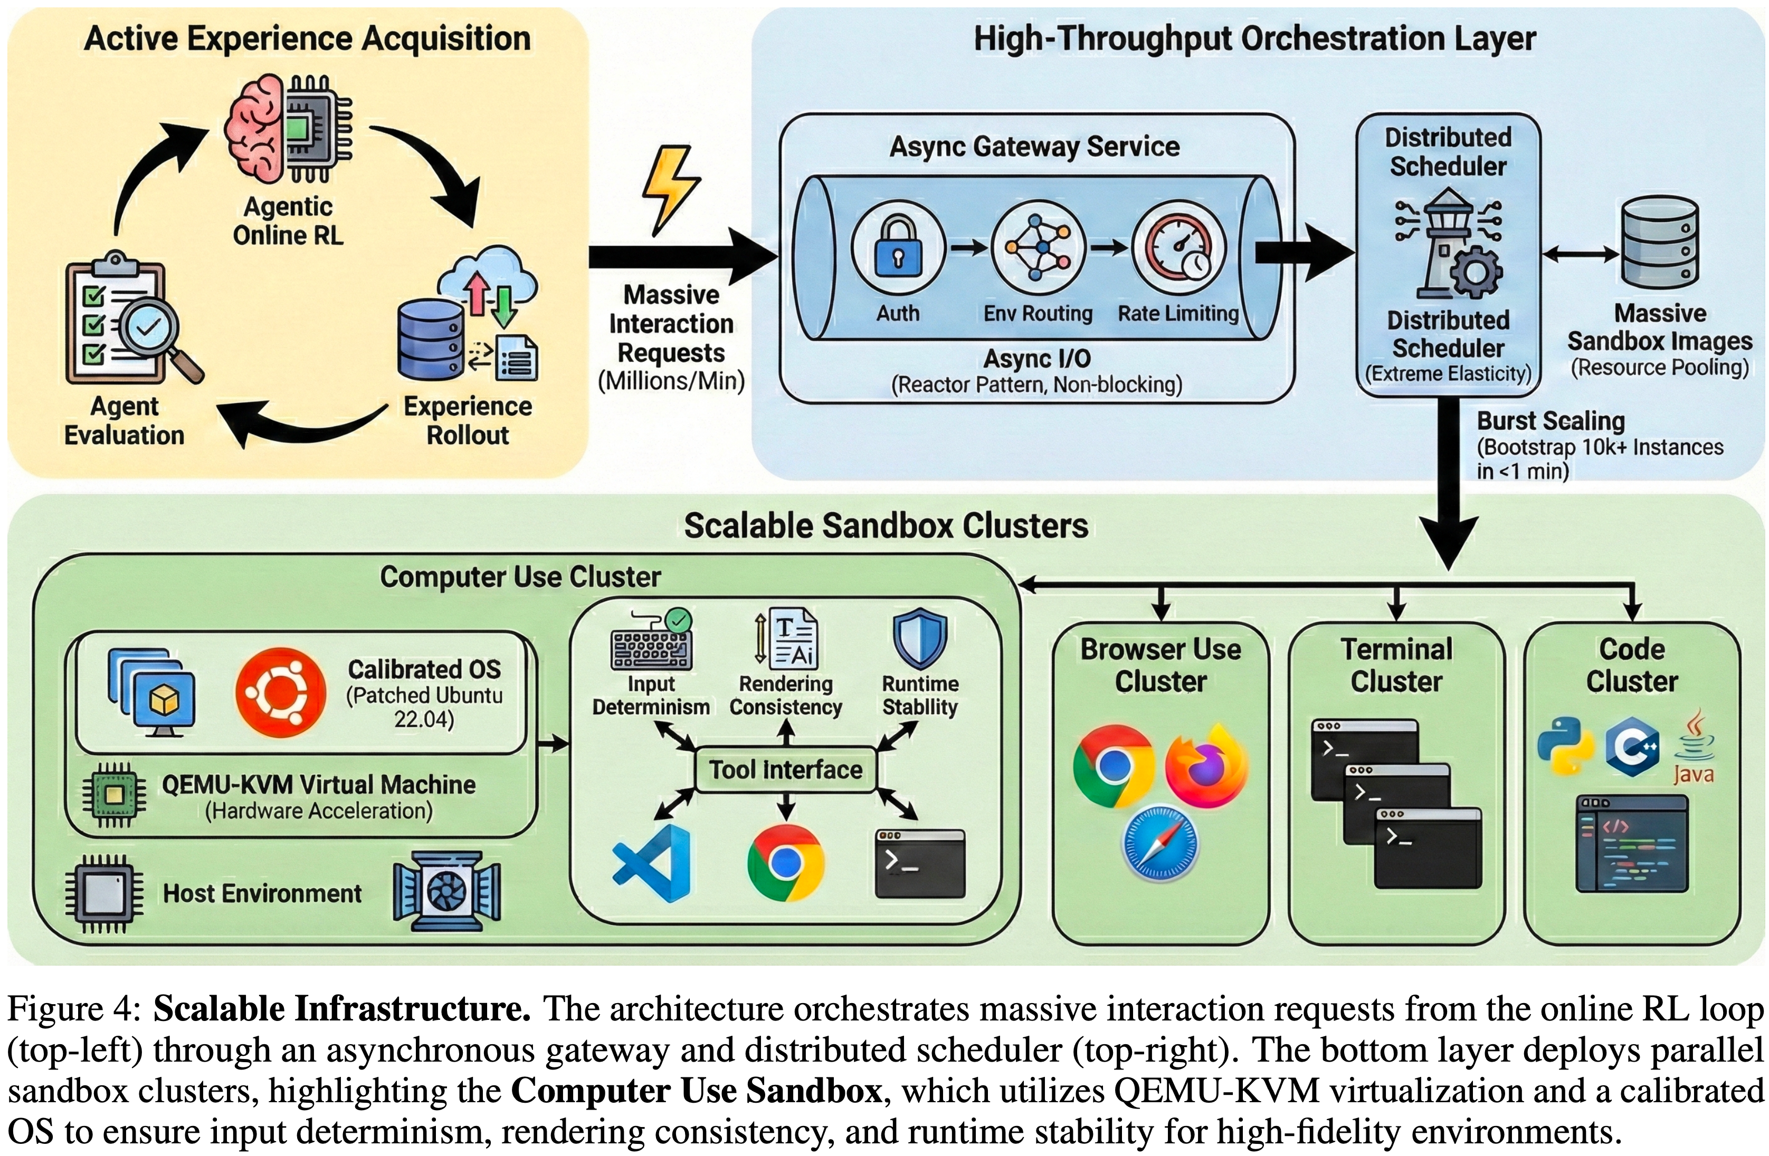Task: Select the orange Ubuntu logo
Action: point(280,692)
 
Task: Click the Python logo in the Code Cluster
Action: point(1565,746)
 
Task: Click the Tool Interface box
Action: point(786,769)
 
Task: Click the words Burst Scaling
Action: point(1551,421)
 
